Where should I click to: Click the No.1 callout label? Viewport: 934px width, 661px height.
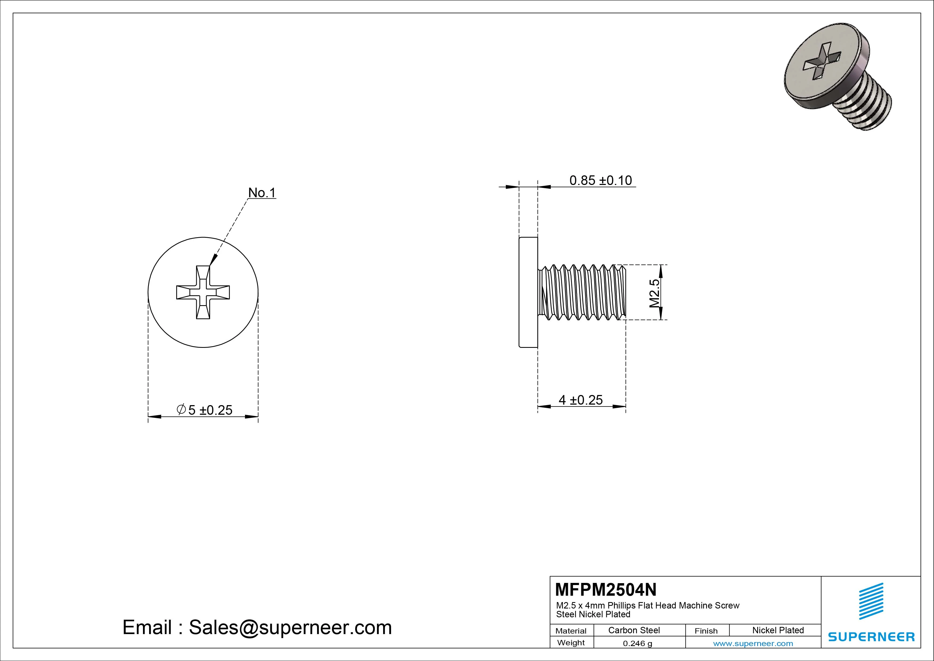pos(262,193)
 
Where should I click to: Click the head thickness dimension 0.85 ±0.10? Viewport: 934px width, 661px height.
pos(600,180)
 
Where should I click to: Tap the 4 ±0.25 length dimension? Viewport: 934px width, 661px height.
pos(580,400)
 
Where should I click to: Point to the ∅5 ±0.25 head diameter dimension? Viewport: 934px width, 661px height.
pos(205,410)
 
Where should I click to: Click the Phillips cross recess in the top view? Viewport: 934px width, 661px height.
pos(203,292)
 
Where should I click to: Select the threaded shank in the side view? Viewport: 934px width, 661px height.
pos(582,292)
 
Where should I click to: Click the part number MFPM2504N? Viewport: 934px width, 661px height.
pos(605,589)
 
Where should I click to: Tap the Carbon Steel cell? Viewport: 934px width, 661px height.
pos(634,630)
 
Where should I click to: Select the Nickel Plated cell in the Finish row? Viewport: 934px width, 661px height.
pos(778,630)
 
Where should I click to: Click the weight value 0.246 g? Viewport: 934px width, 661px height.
pos(637,643)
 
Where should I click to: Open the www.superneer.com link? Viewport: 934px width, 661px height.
pos(753,643)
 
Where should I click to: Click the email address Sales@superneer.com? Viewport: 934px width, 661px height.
pos(290,627)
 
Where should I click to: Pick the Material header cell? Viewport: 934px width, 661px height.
pos(571,630)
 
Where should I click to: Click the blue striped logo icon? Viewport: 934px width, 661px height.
pos(871,601)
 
